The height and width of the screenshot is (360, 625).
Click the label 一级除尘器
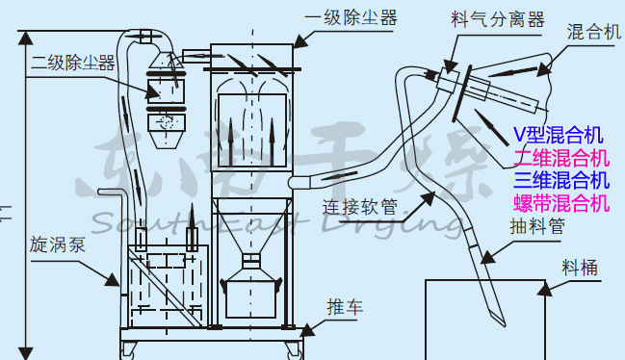[350, 17]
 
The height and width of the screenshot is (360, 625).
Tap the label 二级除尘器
[72, 64]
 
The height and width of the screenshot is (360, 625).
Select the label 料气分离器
[497, 20]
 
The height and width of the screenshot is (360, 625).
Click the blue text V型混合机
[559, 134]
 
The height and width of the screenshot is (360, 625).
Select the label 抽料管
[536, 227]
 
